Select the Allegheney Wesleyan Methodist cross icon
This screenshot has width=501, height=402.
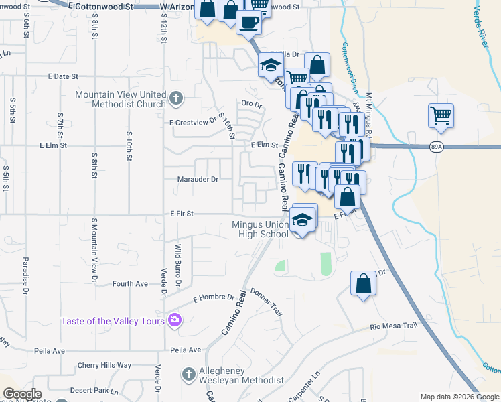(190, 373)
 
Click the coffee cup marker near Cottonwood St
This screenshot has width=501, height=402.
(249, 21)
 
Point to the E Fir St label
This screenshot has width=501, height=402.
(181, 214)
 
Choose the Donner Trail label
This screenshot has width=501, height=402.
(267, 301)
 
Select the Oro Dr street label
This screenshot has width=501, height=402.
(251, 104)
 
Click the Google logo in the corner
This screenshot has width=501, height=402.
(22, 394)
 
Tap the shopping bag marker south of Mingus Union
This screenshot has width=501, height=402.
(363, 282)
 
